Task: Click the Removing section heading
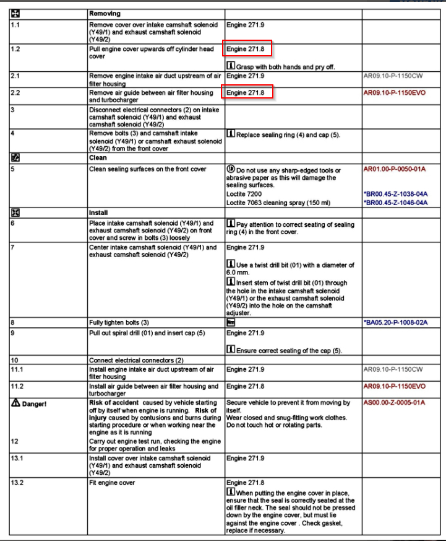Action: coord(105,12)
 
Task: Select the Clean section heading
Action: coord(98,158)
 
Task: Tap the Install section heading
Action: coord(100,213)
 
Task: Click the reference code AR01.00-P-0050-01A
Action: coord(395,169)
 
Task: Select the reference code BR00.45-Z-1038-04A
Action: coord(395,194)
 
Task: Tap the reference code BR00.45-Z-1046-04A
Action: coord(395,203)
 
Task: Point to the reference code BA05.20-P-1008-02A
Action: coord(395,323)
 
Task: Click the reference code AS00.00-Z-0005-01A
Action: coord(395,403)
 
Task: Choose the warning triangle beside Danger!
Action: coord(15,403)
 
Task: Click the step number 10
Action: coord(14,360)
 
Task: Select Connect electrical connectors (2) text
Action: coord(136,360)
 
